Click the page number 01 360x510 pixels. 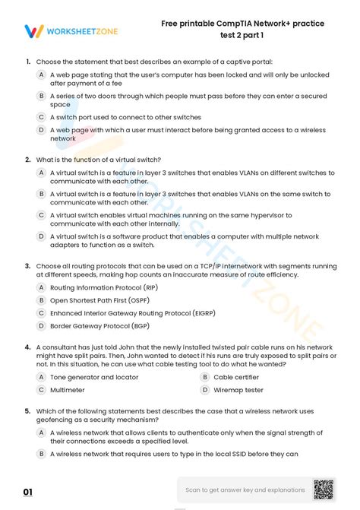tap(28, 493)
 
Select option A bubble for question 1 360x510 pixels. tap(41, 75)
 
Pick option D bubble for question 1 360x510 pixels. tap(41, 130)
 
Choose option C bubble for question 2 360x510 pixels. tap(41, 215)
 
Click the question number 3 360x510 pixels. tap(27, 267)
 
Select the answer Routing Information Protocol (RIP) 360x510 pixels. tap(93, 288)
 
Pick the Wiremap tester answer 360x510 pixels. tap(238, 390)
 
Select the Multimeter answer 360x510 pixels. tap(67, 390)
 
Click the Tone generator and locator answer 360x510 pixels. tap(93, 377)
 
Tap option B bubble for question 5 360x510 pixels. tap(41, 454)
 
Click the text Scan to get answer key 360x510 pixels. tap(244, 490)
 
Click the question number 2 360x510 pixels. tap(27, 160)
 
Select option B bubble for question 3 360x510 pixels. tap(41, 300)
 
